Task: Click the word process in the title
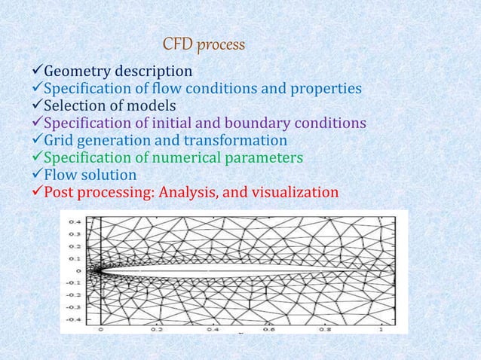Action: (x=222, y=46)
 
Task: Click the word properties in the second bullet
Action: (x=322, y=90)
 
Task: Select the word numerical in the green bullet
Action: (x=176, y=158)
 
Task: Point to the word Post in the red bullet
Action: (x=60, y=193)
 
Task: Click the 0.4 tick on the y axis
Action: (x=75, y=222)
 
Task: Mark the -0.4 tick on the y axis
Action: (x=74, y=318)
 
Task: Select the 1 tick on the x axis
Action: (x=381, y=329)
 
